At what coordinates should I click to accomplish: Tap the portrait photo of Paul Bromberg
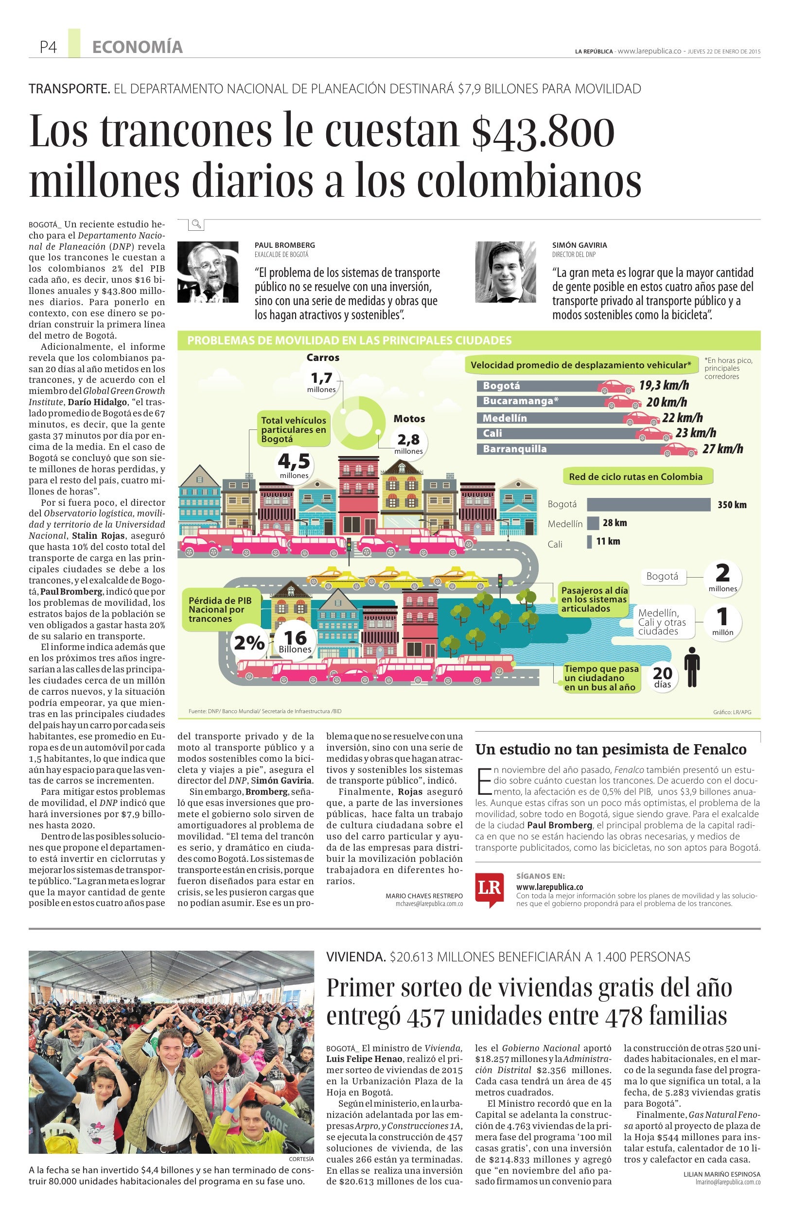point(208,273)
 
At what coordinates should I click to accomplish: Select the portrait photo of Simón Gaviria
point(506,273)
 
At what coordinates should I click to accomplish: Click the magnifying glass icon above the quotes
point(196,224)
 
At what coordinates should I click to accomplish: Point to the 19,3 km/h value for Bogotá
point(664,385)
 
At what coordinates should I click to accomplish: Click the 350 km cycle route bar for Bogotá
point(648,504)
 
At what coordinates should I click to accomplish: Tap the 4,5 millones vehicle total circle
point(294,465)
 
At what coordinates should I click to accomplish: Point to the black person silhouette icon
point(691,667)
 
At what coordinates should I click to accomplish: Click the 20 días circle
point(662,676)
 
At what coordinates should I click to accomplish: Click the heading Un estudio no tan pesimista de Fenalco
point(611,749)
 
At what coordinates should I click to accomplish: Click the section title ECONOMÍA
point(137,48)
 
